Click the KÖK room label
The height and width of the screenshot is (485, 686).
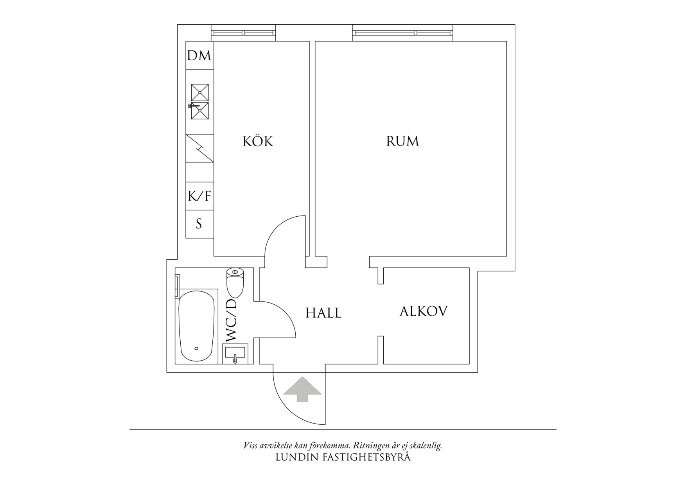pyautogui.click(x=258, y=141)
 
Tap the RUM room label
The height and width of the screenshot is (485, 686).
pyautogui.click(x=402, y=141)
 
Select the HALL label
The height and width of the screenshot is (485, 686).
pyautogui.click(x=323, y=313)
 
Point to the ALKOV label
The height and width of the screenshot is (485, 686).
pyautogui.click(x=424, y=311)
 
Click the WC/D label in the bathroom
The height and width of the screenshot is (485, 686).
pyautogui.click(x=231, y=321)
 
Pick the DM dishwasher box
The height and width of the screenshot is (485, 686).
pyautogui.click(x=199, y=55)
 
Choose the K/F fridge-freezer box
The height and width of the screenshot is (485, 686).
pyautogui.click(x=199, y=196)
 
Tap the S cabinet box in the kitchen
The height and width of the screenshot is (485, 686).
pyautogui.click(x=199, y=224)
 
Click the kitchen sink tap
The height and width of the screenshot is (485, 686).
pyautogui.click(x=194, y=106)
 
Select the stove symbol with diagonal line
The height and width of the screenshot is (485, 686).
pyautogui.click(x=199, y=148)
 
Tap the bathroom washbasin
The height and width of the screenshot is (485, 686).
pyautogui.click(x=235, y=354)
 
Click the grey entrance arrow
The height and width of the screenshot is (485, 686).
pyautogui.click(x=302, y=389)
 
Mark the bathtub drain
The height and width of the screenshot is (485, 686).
pyautogui.click(x=196, y=348)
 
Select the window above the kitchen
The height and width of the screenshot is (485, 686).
pyautogui.click(x=243, y=33)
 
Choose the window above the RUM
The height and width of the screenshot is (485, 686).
pyautogui.click(x=402, y=33)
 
